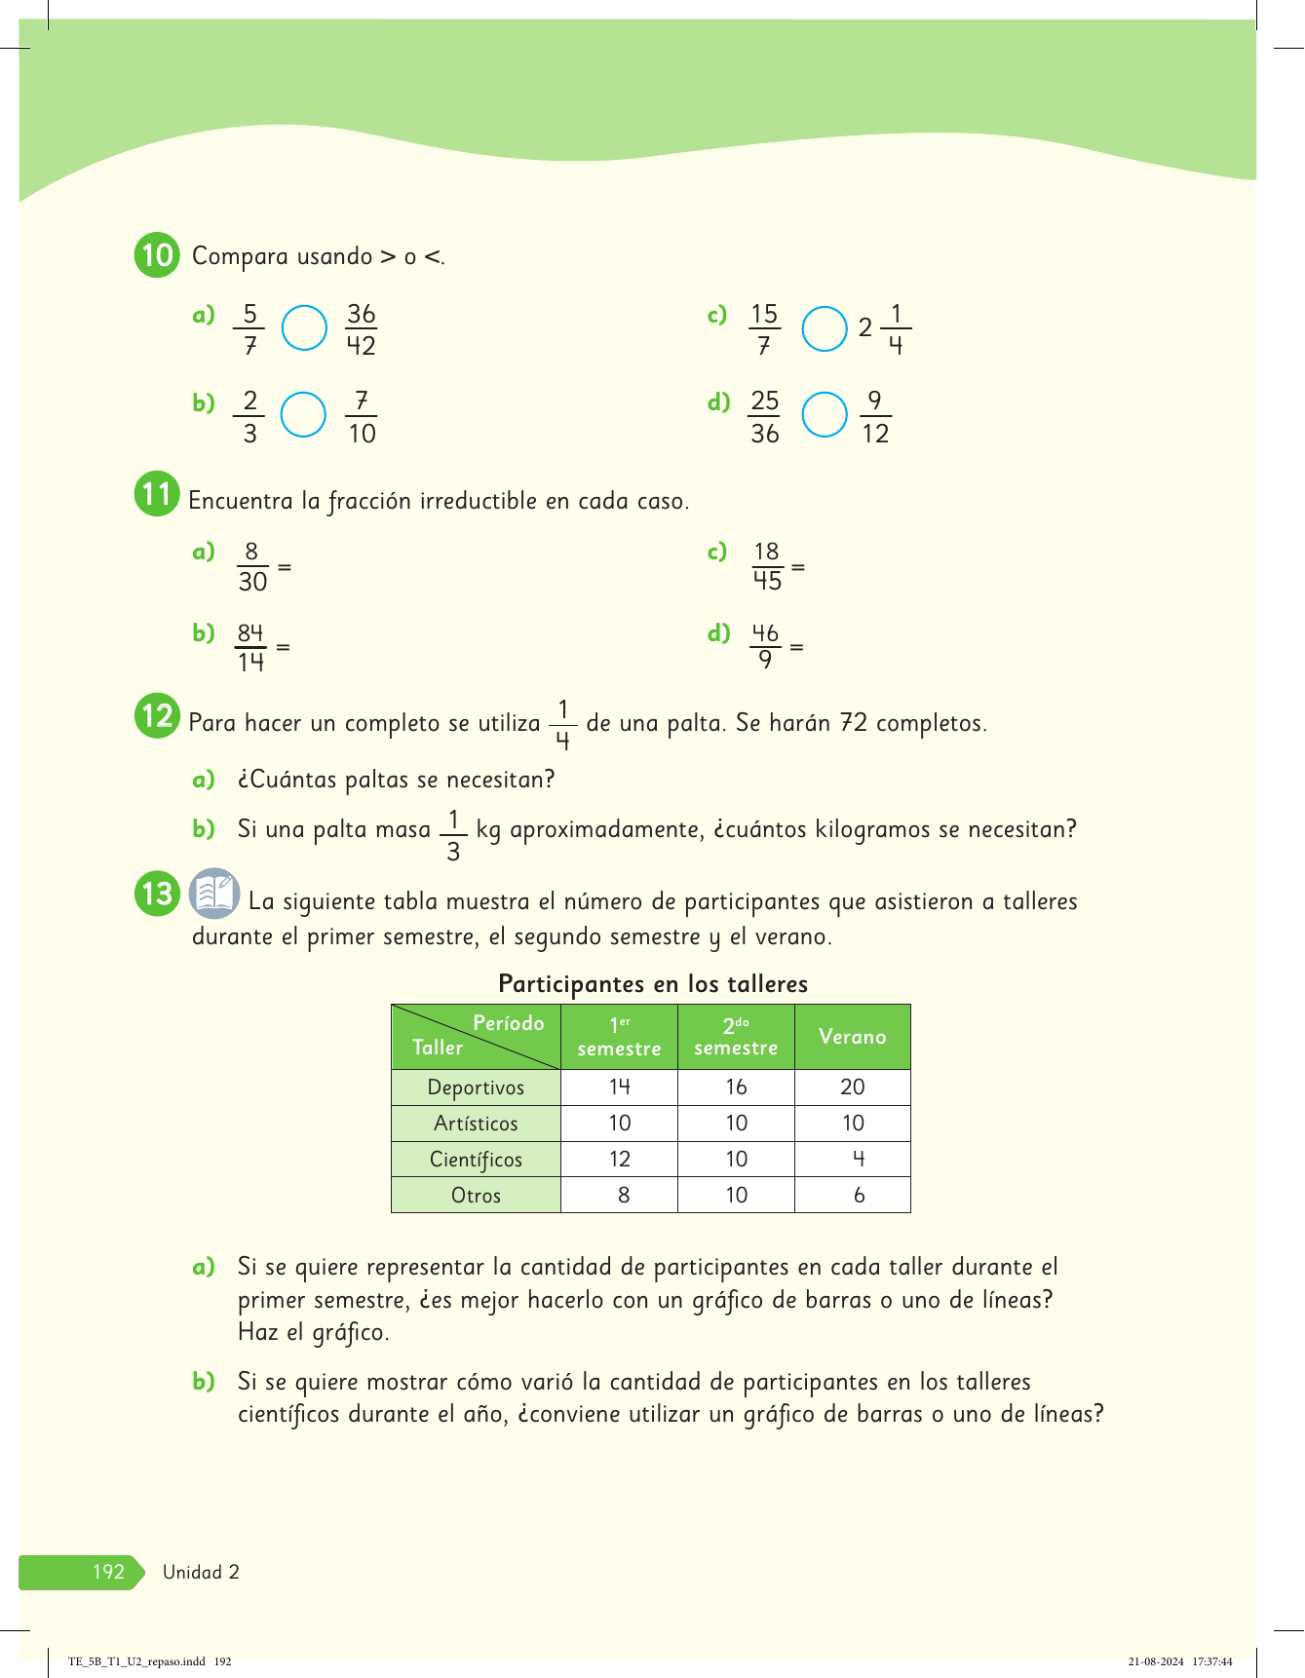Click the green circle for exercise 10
[x=157, y=255]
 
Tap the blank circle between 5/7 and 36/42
[x=304, y=328]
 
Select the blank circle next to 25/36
[x=825, y=415]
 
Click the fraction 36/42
[x=361, y=329]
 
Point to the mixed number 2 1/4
[x=884, y=329]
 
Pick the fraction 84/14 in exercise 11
[x=250, y=648]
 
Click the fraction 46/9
[x=765, y=646]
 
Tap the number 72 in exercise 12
[x=854, y=723]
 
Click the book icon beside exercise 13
[x=214, y=894]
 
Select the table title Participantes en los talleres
[x=653, y=984]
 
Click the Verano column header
[x=853, y=1037]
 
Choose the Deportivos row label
[x=476, y=1087]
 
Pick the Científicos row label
[x=476, y=1160]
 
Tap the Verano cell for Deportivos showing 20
[x=853, y=1087]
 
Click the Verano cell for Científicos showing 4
[x=858, y=1160]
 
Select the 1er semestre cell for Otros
[x=623, y=1196]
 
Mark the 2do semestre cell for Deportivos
[x=736, y=1087]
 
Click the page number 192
[x=108, y=1572]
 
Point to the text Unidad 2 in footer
[x=201, y=1572]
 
